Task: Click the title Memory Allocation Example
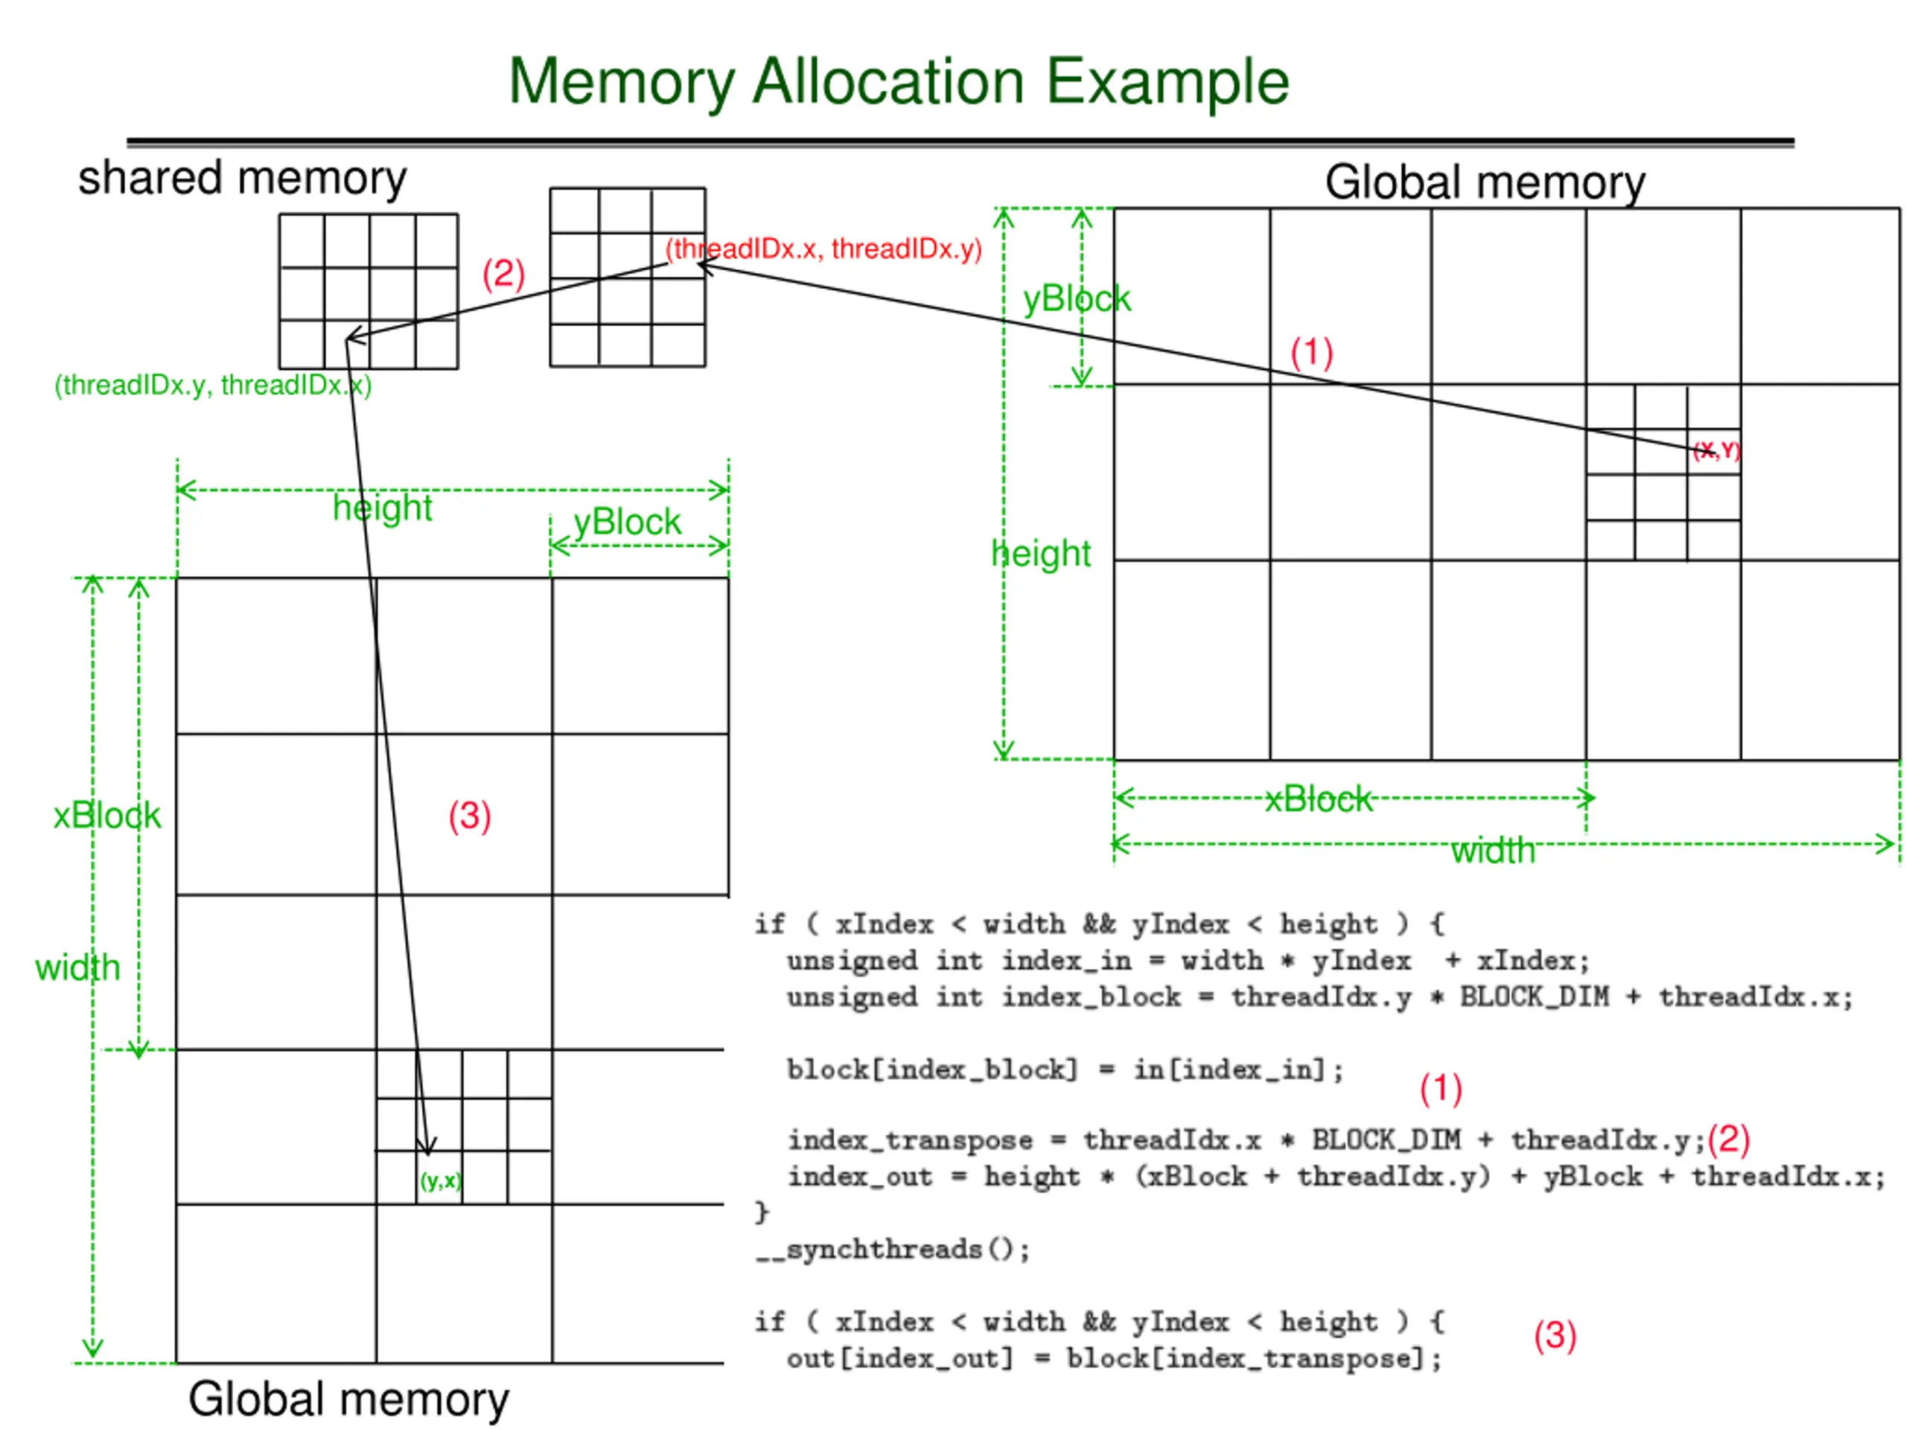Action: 899,82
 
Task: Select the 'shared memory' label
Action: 242,179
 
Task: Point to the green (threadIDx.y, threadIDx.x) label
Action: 213,385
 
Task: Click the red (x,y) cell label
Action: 1716,450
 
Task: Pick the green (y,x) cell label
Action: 440,1180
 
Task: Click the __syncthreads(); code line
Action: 893,1249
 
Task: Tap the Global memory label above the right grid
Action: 1485,182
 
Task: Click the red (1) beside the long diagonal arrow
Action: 1311,352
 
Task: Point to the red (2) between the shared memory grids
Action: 503,274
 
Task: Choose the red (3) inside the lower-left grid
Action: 470,816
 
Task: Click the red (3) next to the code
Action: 1555,1335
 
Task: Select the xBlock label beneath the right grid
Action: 1319,799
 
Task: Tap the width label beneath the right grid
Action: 1494,850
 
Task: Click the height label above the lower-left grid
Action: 383,508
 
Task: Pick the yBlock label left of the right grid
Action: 1076,299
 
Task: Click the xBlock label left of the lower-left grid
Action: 107,815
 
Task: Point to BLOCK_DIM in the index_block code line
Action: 1534,997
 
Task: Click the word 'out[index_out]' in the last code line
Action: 899,1358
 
